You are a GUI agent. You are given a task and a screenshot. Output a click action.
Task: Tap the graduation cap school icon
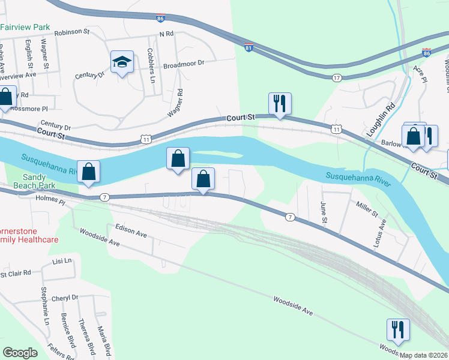click(x=122, y=62)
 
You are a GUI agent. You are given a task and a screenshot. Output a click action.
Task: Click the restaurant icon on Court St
click(x=280, y=103)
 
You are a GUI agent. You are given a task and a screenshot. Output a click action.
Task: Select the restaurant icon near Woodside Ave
click(x=398, y=329)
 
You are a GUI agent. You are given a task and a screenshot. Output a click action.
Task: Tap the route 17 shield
click(x=337, y=77)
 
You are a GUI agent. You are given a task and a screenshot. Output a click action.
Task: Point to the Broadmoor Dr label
click(x=184, y=62)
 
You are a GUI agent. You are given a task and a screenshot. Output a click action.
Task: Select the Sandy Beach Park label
click(x=39, y=181)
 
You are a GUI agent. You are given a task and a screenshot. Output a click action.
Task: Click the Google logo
click(x=20, y=352)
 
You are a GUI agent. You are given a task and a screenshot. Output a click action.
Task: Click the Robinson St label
click(x=71, y=33)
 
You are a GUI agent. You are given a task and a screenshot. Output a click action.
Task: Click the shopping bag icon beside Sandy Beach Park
click(x=88, y=171)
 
